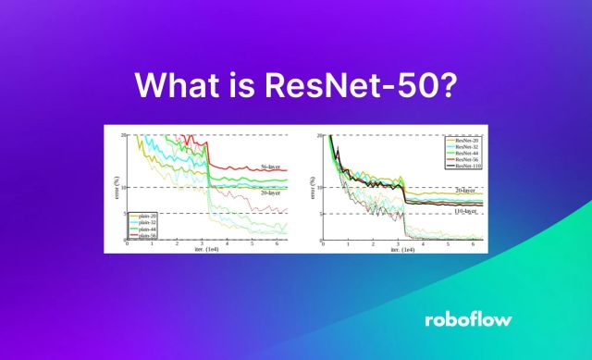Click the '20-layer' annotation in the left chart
click(x=271, y=194)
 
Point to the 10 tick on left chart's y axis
click(x=120, y=187)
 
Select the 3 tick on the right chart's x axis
click(x=399, y=246)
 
